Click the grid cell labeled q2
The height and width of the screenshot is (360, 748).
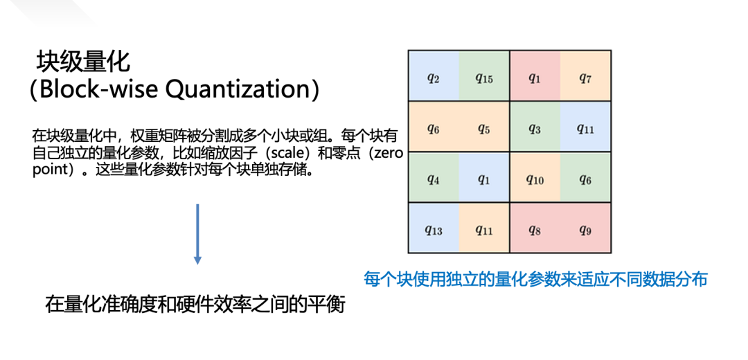click(434, 78)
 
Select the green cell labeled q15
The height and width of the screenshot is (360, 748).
click(483, 78)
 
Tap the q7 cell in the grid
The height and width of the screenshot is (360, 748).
click(585, 78)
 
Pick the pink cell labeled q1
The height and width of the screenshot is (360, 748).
click(534, 78)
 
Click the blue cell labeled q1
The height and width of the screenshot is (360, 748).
click(483, 179)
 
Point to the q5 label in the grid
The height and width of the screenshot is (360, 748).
click(483, 128)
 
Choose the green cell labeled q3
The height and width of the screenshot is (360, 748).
click(534, 128)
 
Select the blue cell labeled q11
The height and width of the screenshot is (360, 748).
click(585, 128)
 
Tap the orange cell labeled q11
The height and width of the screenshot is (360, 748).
click(483, 229)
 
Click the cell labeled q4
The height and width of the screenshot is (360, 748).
click(434, 179)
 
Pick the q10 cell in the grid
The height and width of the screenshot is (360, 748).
click(534, 179)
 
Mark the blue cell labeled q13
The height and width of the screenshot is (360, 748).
click(434, 229)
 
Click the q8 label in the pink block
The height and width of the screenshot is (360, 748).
click(534, 229)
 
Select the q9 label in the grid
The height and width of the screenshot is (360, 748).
click(585, 229)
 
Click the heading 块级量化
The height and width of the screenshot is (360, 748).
click(83, 63)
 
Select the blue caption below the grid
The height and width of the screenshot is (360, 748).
click(535, 279)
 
